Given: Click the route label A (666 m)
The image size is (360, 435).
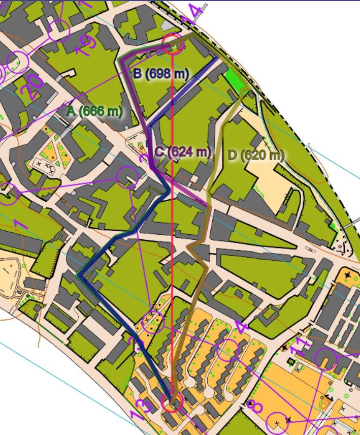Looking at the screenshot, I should point(94,110).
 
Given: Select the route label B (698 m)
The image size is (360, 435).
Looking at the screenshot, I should point(161,74).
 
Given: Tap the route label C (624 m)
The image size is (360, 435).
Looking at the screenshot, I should point(182,151).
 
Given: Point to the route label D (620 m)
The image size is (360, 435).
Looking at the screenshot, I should point(255,156).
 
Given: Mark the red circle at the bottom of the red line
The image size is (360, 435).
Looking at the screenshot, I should point(172,402).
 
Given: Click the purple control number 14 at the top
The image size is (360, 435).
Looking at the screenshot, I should point(195,14).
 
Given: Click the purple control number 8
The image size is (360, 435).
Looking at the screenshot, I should point(254,406).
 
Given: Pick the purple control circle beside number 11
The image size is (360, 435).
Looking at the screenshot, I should point(325,359).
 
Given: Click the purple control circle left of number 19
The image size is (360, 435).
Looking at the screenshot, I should point(59,31).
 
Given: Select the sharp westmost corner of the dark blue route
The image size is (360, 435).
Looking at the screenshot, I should point(80,274).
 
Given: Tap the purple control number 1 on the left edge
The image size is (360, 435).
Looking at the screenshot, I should point(20,224).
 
